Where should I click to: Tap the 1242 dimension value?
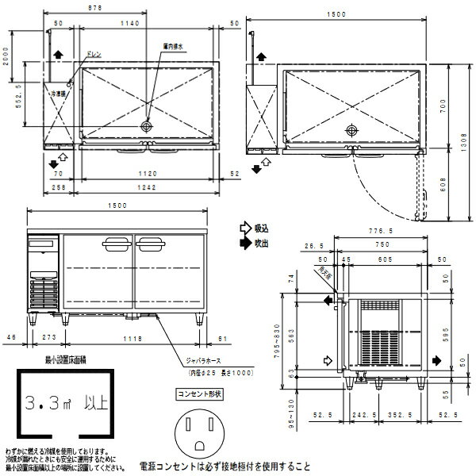click(x=145, y=186)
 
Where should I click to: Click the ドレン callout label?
click(x=93, y=53)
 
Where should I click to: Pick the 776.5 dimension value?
click(x=387, y=230)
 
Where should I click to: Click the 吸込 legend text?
click(x=260, y=228)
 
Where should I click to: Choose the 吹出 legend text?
click(x=260, y=241)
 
